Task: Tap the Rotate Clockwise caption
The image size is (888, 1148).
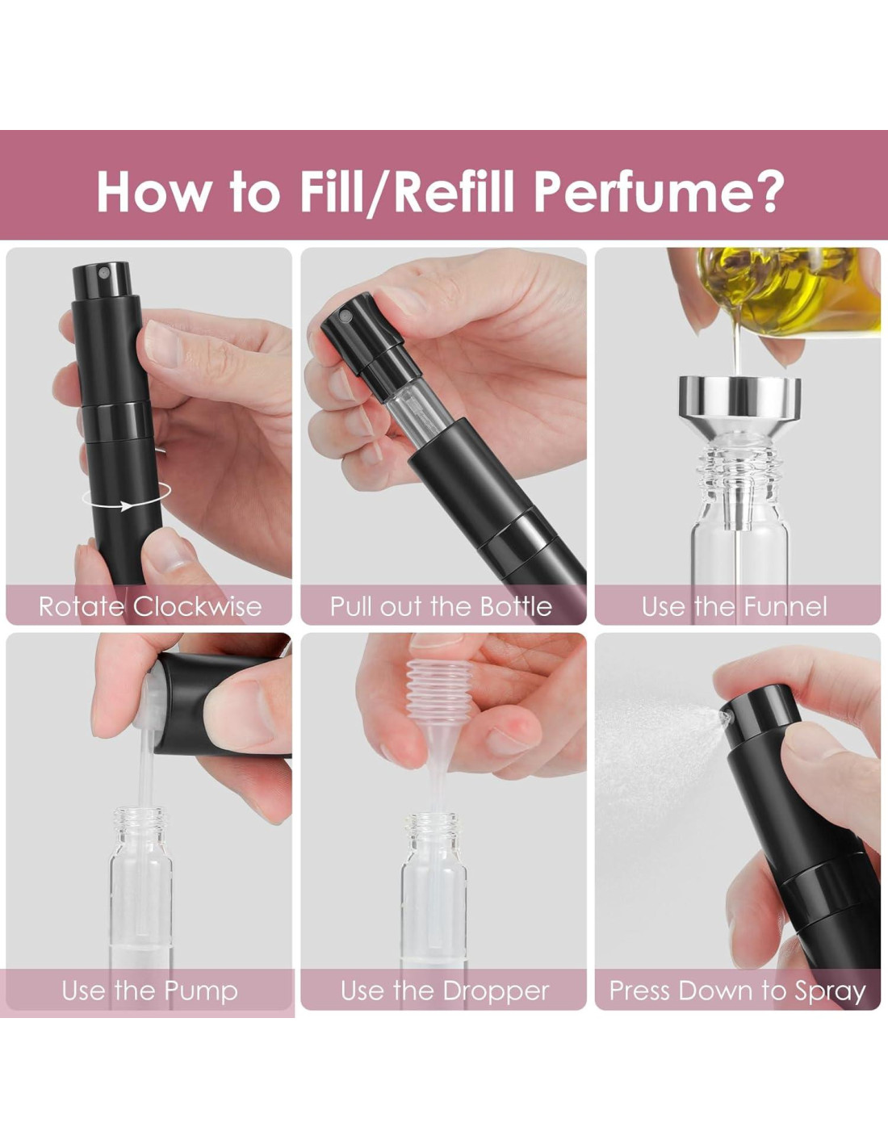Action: (x=150, y=606)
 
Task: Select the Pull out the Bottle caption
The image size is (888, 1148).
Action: (x=441, y=606)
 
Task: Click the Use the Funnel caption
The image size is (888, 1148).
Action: (x=735, y=606)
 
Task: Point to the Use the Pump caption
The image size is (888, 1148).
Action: (x=149, y=991)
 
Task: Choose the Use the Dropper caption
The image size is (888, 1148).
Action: (x=445, y=991)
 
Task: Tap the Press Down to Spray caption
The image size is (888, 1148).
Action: (x=738, y=991)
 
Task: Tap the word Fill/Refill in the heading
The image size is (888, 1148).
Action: (x=408, y=192)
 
